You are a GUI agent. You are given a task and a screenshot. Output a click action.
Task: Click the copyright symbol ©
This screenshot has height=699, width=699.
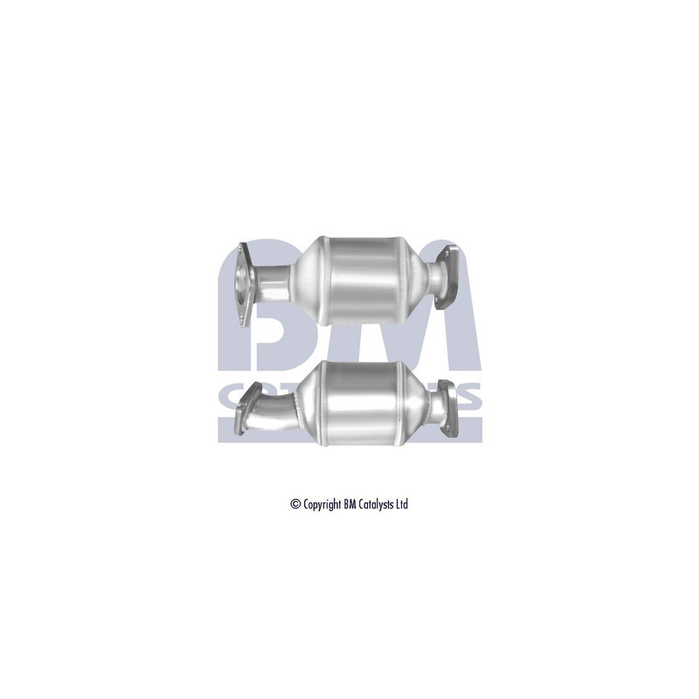(x=295, y=504)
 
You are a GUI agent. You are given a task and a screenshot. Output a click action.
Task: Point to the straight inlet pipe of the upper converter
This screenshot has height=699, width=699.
(x=274, y=282)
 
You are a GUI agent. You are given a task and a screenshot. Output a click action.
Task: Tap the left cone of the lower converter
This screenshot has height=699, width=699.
(x=310, y=403)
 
